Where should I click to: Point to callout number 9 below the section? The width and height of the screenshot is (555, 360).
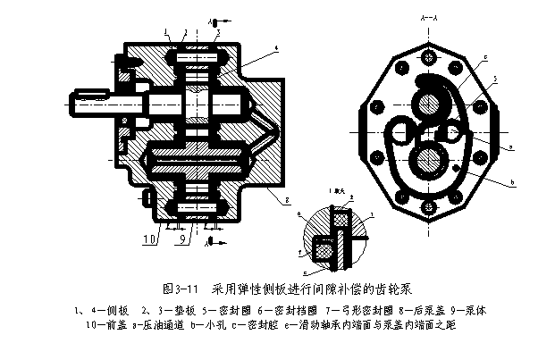pyautogui.click(x=181, y=239)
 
